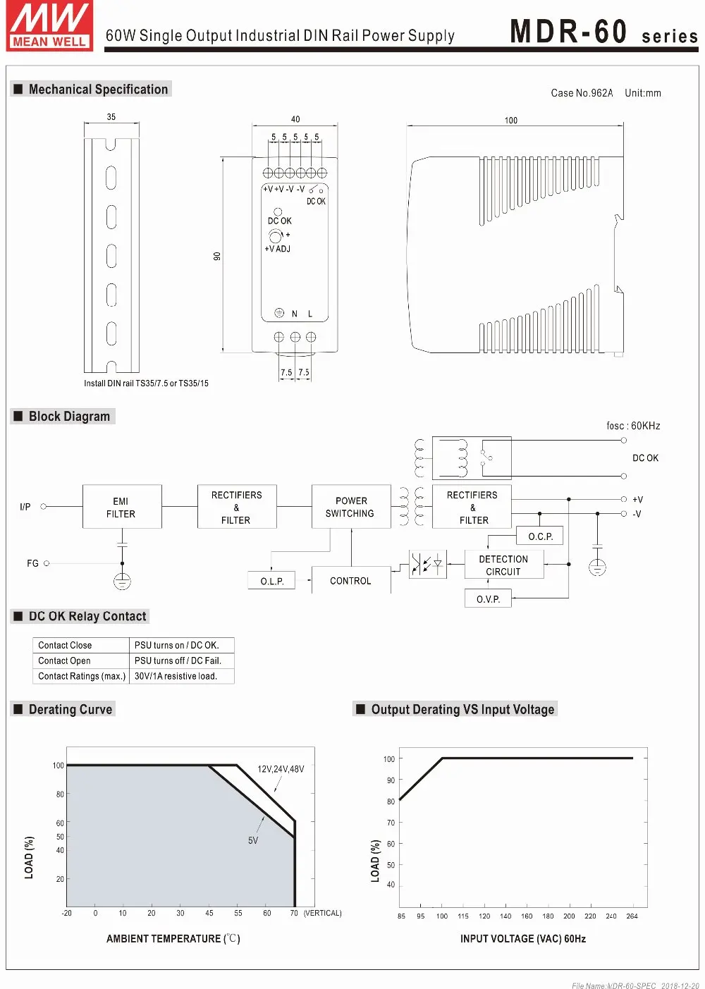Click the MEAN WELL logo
click(49, 25)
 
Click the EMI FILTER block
click(121, 507)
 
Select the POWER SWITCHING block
click(350, 507)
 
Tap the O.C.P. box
click(540, 536)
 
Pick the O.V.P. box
click(488, 598)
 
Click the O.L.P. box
click(272, 581)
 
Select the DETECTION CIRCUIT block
click(503, 565)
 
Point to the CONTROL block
click(350, 581)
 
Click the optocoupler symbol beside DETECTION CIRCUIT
click(427, 564)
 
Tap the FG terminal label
click(32, 563)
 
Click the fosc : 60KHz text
click(633, 426)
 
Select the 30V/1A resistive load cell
click(176, 676)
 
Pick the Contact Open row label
click(65, 661)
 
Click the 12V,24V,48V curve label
click(281, 769)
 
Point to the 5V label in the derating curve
click(253, 840)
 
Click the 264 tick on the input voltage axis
click(632, 916)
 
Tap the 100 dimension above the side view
click(511, 121)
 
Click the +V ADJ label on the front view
click(278, 249)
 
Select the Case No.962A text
click(582, 93)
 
